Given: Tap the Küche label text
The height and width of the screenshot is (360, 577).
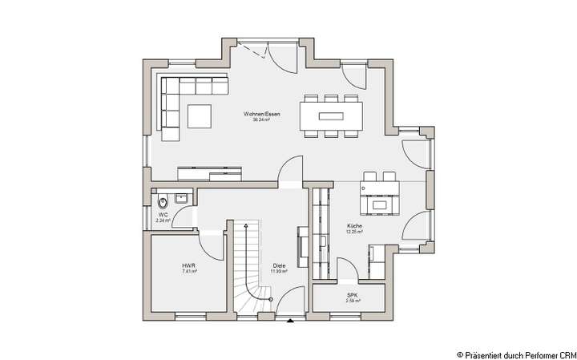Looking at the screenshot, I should coord(355,227).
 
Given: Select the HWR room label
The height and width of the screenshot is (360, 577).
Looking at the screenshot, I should coord(188,265).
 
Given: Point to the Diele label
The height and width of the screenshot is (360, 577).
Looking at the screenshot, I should coord(279,265).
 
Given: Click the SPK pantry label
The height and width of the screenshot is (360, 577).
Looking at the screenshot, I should coord(353,295).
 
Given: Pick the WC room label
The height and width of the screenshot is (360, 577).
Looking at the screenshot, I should coord(163,215).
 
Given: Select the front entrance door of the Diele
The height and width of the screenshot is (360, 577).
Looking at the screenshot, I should coord(287,304).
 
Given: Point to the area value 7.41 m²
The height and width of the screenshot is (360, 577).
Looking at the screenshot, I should coord(188,271).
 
